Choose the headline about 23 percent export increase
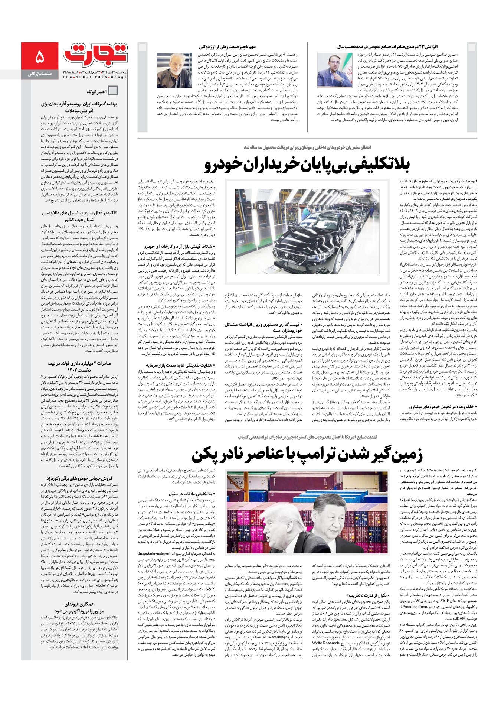point(387,47)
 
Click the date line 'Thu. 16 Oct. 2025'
point(95,77)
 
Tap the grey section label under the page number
point(39,74)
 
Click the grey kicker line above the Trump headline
point(307,437)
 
